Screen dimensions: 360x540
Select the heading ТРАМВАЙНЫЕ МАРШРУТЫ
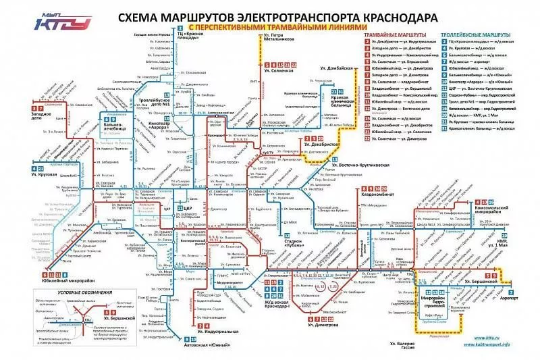(x=394, y=33)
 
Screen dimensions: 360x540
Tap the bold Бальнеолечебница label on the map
(x=112, y=122)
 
